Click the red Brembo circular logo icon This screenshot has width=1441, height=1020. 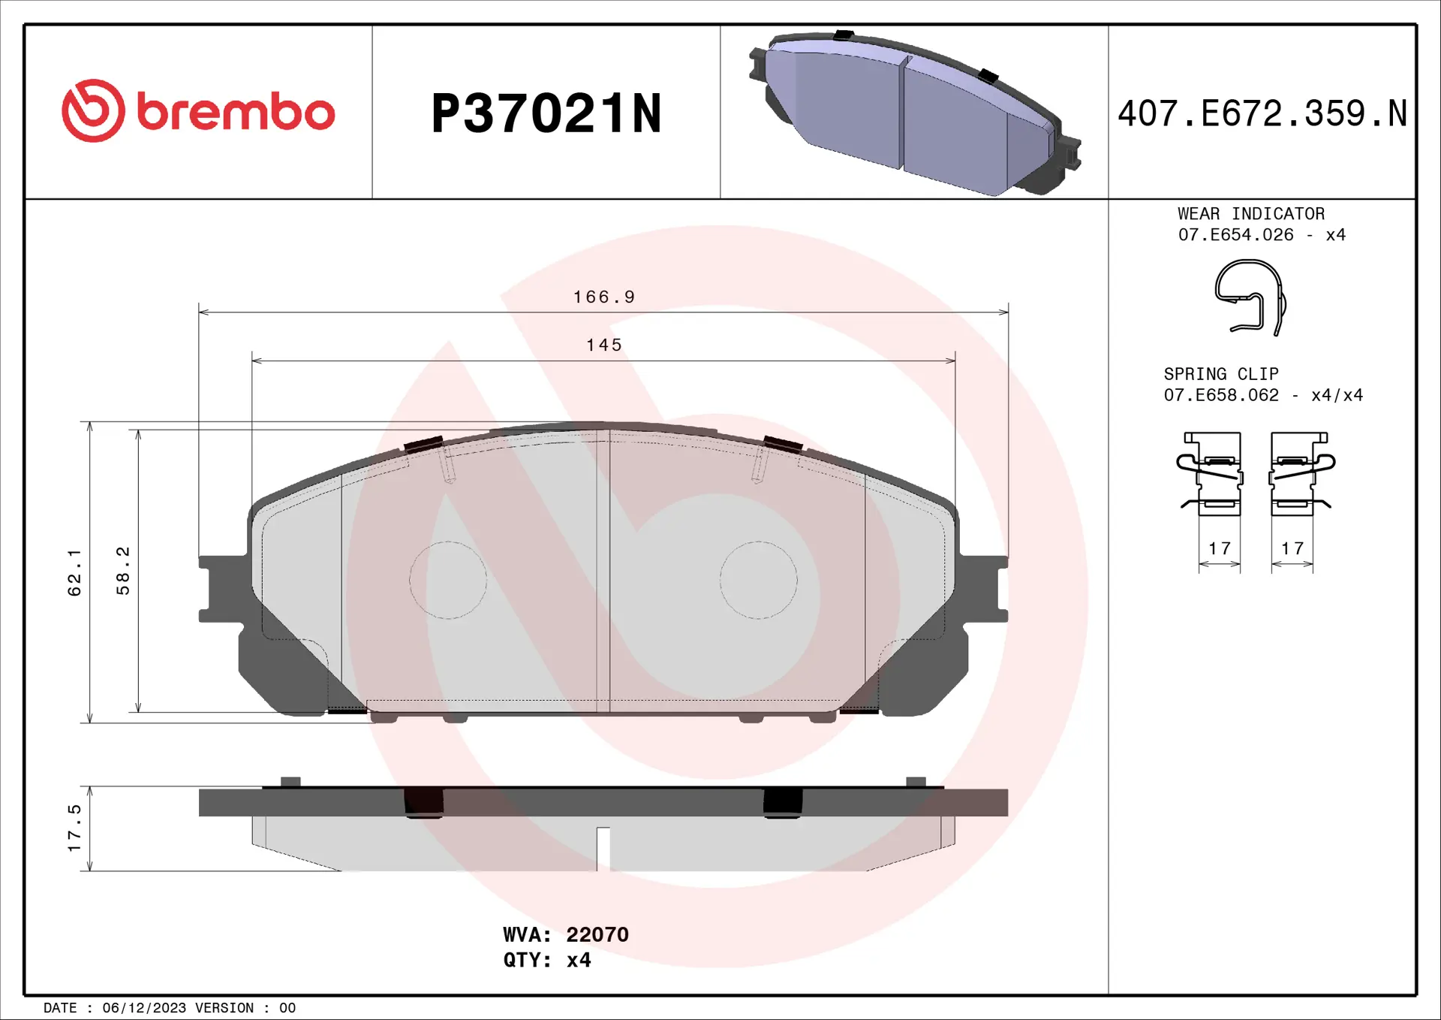(93, 111)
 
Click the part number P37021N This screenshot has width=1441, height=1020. (546, 114)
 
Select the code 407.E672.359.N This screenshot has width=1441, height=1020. (1262, 114)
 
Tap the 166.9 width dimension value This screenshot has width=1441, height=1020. (604, 297)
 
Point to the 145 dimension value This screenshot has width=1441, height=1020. (604, 346)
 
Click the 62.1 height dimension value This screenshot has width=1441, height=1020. (74, 572)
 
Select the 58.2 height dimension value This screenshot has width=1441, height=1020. (123, 571)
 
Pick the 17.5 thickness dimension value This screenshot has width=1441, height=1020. (74, 828)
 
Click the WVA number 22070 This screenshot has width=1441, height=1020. (597, 934)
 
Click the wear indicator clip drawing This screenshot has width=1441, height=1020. (1250, 297)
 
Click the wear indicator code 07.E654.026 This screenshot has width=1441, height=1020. (1235, 235)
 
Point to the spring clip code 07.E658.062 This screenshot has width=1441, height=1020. (1221, 395)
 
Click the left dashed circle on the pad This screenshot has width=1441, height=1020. (448, 580)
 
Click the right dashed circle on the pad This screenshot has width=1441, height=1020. (758, 580)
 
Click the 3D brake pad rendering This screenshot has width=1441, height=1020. (914, 113)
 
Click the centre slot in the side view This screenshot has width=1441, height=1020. (603, 849)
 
